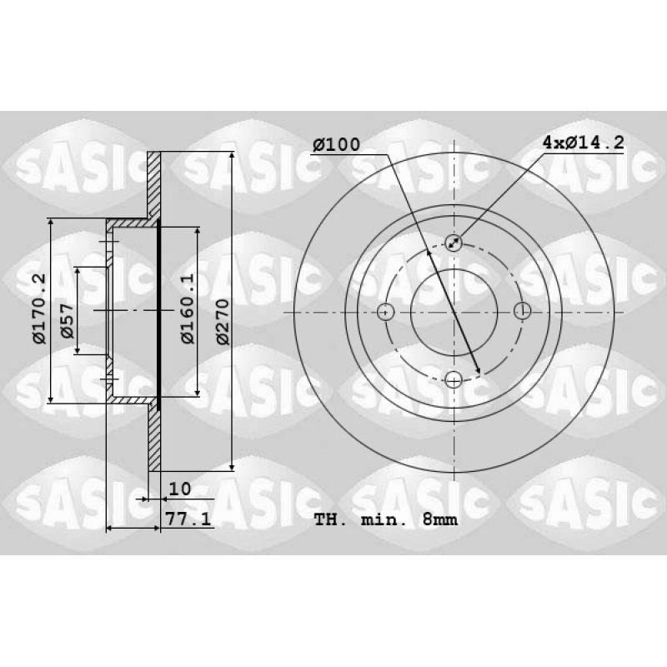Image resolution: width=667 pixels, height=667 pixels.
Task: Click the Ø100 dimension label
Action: tap(337, 144)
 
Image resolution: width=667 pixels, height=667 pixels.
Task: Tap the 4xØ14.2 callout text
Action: tap(583, 142)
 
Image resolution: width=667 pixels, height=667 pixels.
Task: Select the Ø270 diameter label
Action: tap(223, 322)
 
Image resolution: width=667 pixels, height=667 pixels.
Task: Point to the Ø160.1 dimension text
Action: tap(188, 308)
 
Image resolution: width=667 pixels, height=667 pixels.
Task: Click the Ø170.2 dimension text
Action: tap(39, 308)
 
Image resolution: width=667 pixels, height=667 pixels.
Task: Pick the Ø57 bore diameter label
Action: tap(68, 321)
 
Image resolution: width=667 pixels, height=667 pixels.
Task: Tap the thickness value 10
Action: tap(180, 489)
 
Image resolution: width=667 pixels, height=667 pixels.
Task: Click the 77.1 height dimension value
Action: tap(188, 519)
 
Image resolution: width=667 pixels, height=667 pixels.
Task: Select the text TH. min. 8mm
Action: tap(386, 519)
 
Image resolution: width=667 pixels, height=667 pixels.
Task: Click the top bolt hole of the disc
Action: tap(454, 243)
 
